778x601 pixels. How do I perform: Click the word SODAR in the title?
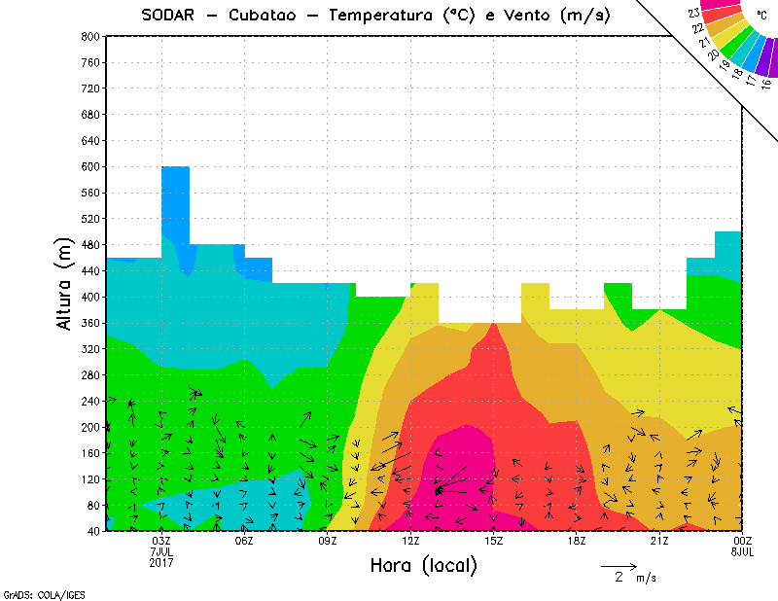pos(168,15)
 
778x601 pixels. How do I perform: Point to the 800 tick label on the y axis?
pos(89,36)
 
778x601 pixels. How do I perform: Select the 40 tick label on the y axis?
pos(92,532)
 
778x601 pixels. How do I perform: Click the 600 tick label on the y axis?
pos(89,167)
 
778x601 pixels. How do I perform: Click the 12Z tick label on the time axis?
pos(411,541)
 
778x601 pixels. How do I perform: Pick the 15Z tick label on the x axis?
pos(494,541)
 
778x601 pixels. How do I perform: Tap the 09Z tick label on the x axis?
pos(328,541)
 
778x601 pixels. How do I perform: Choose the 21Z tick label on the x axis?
pos(659,541)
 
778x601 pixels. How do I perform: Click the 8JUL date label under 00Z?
pos(741,551)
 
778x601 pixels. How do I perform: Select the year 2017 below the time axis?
pos(161,562)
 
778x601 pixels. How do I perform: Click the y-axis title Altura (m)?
pos(65,282)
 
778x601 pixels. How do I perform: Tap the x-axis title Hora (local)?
pos(424,565)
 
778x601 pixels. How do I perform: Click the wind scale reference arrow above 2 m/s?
pos(619,565)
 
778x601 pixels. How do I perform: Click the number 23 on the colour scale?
pos(693,13)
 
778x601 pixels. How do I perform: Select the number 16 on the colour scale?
pos(766,84)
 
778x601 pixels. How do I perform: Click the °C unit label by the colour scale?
pos(760,15)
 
